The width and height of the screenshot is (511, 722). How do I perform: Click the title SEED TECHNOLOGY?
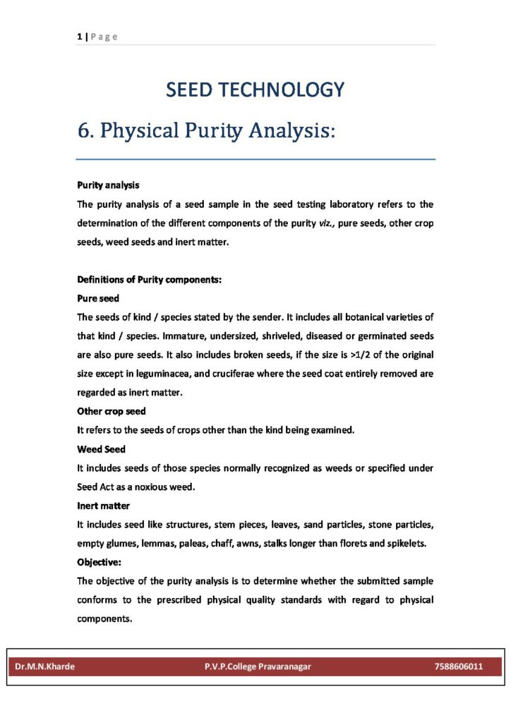coord(255,90)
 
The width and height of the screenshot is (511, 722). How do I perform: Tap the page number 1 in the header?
coord(79,37)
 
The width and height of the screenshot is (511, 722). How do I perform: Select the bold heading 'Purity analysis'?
coord(108,185)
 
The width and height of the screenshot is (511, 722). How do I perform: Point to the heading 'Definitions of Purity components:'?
coord(150,279)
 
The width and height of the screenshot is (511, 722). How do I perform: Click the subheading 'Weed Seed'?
coord(101,449)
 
